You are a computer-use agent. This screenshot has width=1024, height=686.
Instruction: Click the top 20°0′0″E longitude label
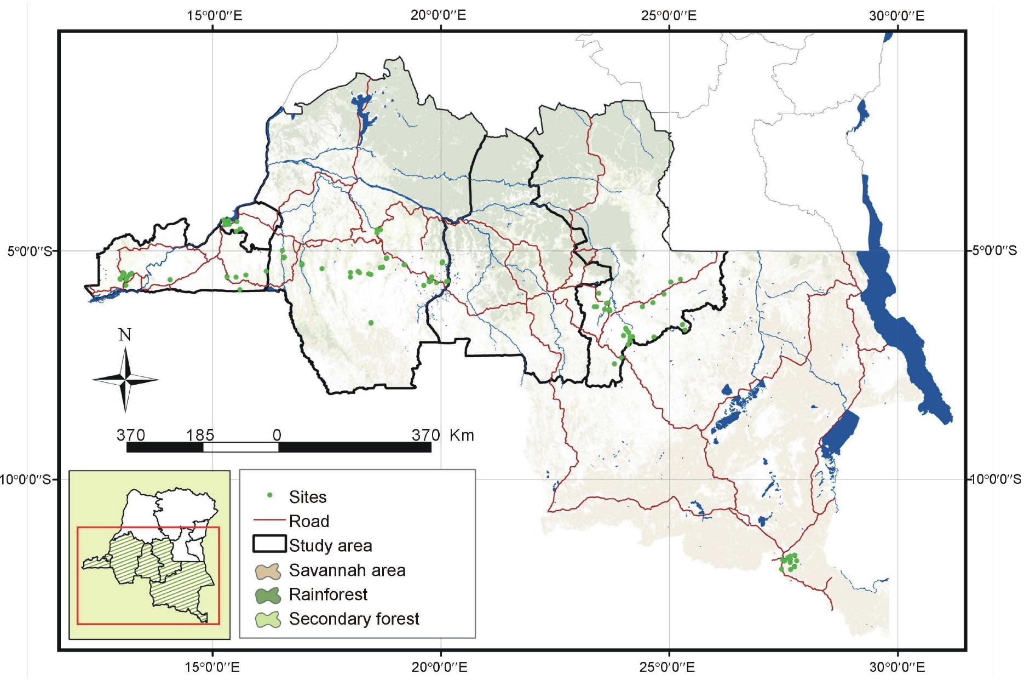[x=439, y=15]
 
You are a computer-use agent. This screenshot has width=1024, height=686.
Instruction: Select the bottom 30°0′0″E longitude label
[x=896, y=667]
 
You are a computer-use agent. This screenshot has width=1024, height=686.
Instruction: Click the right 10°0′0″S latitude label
[x=995, y=479]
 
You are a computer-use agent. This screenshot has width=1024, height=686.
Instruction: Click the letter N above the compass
[x=125, y=335]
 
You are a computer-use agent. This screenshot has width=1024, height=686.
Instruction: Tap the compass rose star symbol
[x=125, y=379]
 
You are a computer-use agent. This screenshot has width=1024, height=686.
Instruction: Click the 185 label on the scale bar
[x=200, y=435]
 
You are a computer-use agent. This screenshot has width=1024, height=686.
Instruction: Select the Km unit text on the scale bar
[x=462, y=435]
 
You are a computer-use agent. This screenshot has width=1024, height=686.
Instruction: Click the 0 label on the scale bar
[x=277, y=435]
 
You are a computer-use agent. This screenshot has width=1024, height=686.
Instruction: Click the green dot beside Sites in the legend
[x=269, y=496]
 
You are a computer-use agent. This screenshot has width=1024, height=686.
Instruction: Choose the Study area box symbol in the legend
[x=269, y=544]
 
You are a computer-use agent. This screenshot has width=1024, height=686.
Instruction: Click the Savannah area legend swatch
[x=268, y=570]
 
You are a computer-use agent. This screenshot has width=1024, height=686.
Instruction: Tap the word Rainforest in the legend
[x=329, y=594]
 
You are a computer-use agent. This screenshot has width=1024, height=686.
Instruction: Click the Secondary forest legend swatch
[x=268, y=619]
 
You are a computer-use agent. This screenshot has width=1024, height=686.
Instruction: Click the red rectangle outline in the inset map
[x=148, y=624]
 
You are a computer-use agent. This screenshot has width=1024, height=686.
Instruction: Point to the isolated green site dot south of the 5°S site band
[x=371, y=323]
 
